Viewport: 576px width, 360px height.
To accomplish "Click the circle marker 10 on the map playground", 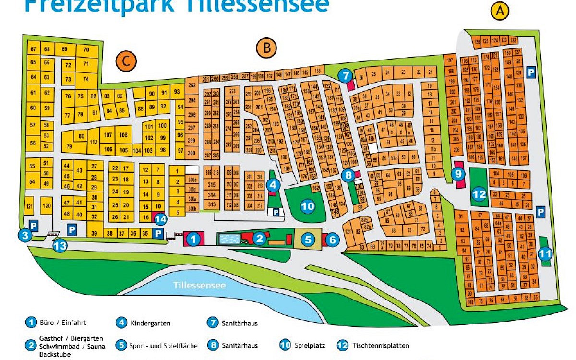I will pyautogui.click(x=307, y=206).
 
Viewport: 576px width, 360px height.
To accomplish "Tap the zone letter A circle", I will pyautogui.click(x=501, y=11).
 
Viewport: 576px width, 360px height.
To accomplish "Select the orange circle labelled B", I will pyautogui.click(x=266, y=48).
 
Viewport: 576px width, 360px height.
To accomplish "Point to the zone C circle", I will pyautogui.click(x=126, y=61).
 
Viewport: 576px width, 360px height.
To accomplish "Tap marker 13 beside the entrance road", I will pyautogui.click(x=60, y=246).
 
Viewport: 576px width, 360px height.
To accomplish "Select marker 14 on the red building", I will pyautogui.click(x=161, y=220).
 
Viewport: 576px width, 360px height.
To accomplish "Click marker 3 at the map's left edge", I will pyautogui.click(x=25, y=235).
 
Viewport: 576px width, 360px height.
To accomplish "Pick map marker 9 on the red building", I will pyautogui.click(x=458, y=174).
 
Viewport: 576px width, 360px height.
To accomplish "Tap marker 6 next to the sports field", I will pyautogui.click(x=333, y=239).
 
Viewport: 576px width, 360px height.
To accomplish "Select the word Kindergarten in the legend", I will pyautogui.click(x=150, y=323).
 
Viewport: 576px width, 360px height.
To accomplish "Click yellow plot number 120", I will pyautogui.click(x=47, y=206).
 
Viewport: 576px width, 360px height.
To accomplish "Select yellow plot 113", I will pyautogui.click(x=94, y=142).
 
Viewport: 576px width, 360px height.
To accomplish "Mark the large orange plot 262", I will pyautogui.click(x=192, y=85).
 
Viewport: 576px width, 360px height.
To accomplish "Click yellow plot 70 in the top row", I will pyautogui.click(x=86, y=50).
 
